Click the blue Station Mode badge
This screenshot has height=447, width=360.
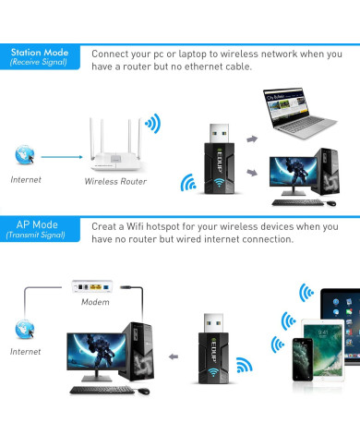(39, 57)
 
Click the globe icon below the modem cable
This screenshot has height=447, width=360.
(23, 328)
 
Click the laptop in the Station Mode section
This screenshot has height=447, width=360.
(295, 111)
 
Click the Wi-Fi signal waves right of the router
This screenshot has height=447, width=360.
(152, 123)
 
